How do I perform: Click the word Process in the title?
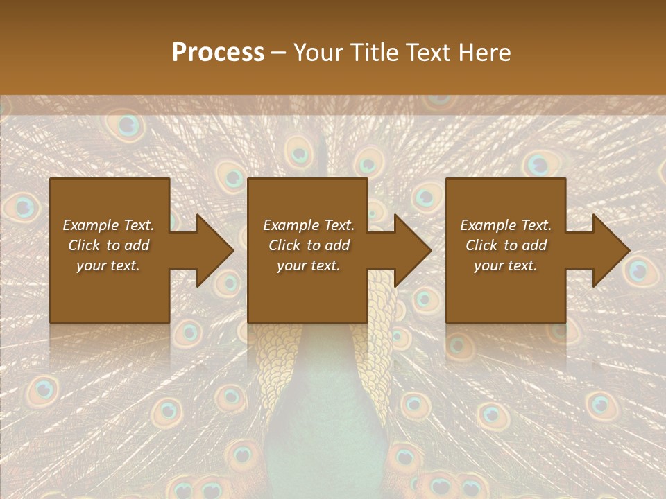pyautogui.click(x=218, y=52)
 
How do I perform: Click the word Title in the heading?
pyautogui.click(x=375, y=52)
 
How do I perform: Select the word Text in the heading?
pyautogui.click(x=431, y=52)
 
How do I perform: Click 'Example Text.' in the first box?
pyautogui.click(x=109, y=225)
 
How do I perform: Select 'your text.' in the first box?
pyautogui.click(x=109, y=265)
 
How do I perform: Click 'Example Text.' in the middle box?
pyautogui.click(x=309, y=225)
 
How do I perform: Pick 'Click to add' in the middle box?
pyautogui.click(x=309, y=245)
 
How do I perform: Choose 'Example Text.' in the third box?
pyautogui.click(x=506, y=225)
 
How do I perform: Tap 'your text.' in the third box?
pyautogui.click(x=506, y=265)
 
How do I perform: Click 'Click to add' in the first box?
pyautogui.click(x=109, y=245)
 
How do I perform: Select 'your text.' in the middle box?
pyautogui.click(x=309, y=265)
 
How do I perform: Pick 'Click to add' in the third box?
pyautogui.click(x=506, y=245)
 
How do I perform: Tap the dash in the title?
pyautogui.click(x=279, y=53)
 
